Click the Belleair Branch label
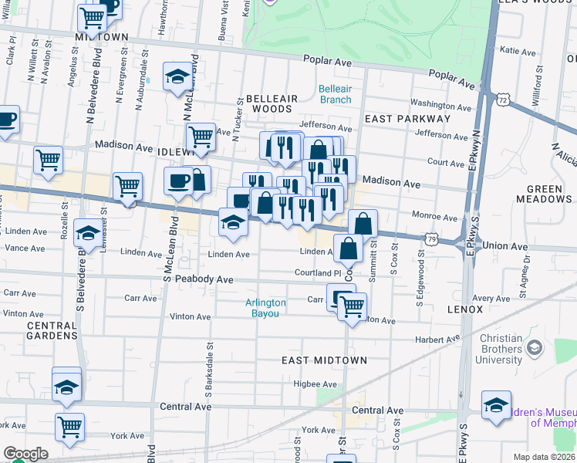tap(335, 94)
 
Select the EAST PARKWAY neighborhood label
tap(407, 119)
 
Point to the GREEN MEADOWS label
tap(550, 194)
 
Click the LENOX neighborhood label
tap(464, 309)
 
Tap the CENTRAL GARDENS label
tap(52, 330)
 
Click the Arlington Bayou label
tap(265, 308)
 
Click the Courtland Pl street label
tap(317, 273)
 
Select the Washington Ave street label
tap(440, 103)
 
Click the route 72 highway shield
tap(503, 100)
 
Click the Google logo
tap(25, 454)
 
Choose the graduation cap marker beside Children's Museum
tap(496, 404)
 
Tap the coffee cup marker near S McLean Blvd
tap(177, 181)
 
